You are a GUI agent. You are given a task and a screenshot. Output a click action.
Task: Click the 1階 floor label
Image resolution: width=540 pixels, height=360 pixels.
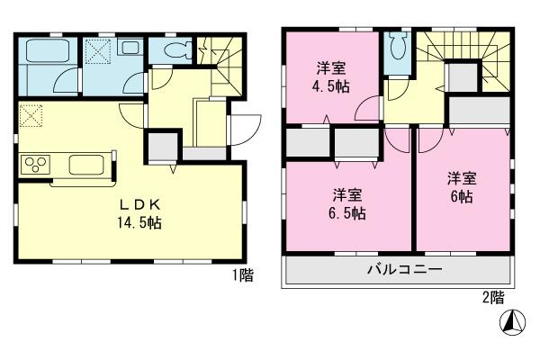(x=242, y=275)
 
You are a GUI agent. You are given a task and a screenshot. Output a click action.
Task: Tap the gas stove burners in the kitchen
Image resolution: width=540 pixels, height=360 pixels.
(x=37, y=165)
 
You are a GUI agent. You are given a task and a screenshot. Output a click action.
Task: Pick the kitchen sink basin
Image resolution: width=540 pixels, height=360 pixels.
(x=86, y=166)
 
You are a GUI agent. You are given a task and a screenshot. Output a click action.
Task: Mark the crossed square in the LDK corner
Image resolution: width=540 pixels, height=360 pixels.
(x=31, y=115)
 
